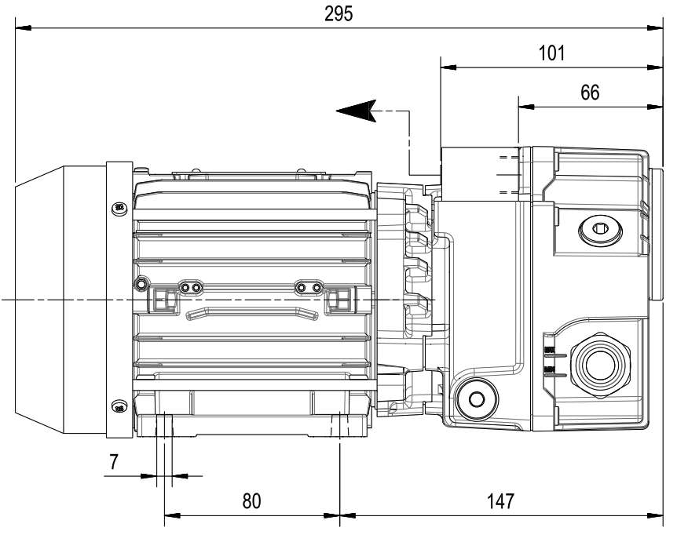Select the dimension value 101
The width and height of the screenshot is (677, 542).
(551, 53)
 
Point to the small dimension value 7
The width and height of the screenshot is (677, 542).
(115, 462)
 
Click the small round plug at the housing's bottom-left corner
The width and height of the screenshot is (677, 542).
(475, 398)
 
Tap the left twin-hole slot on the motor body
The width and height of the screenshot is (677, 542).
(188, 289)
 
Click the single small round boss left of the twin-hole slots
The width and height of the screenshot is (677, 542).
(141, 282)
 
